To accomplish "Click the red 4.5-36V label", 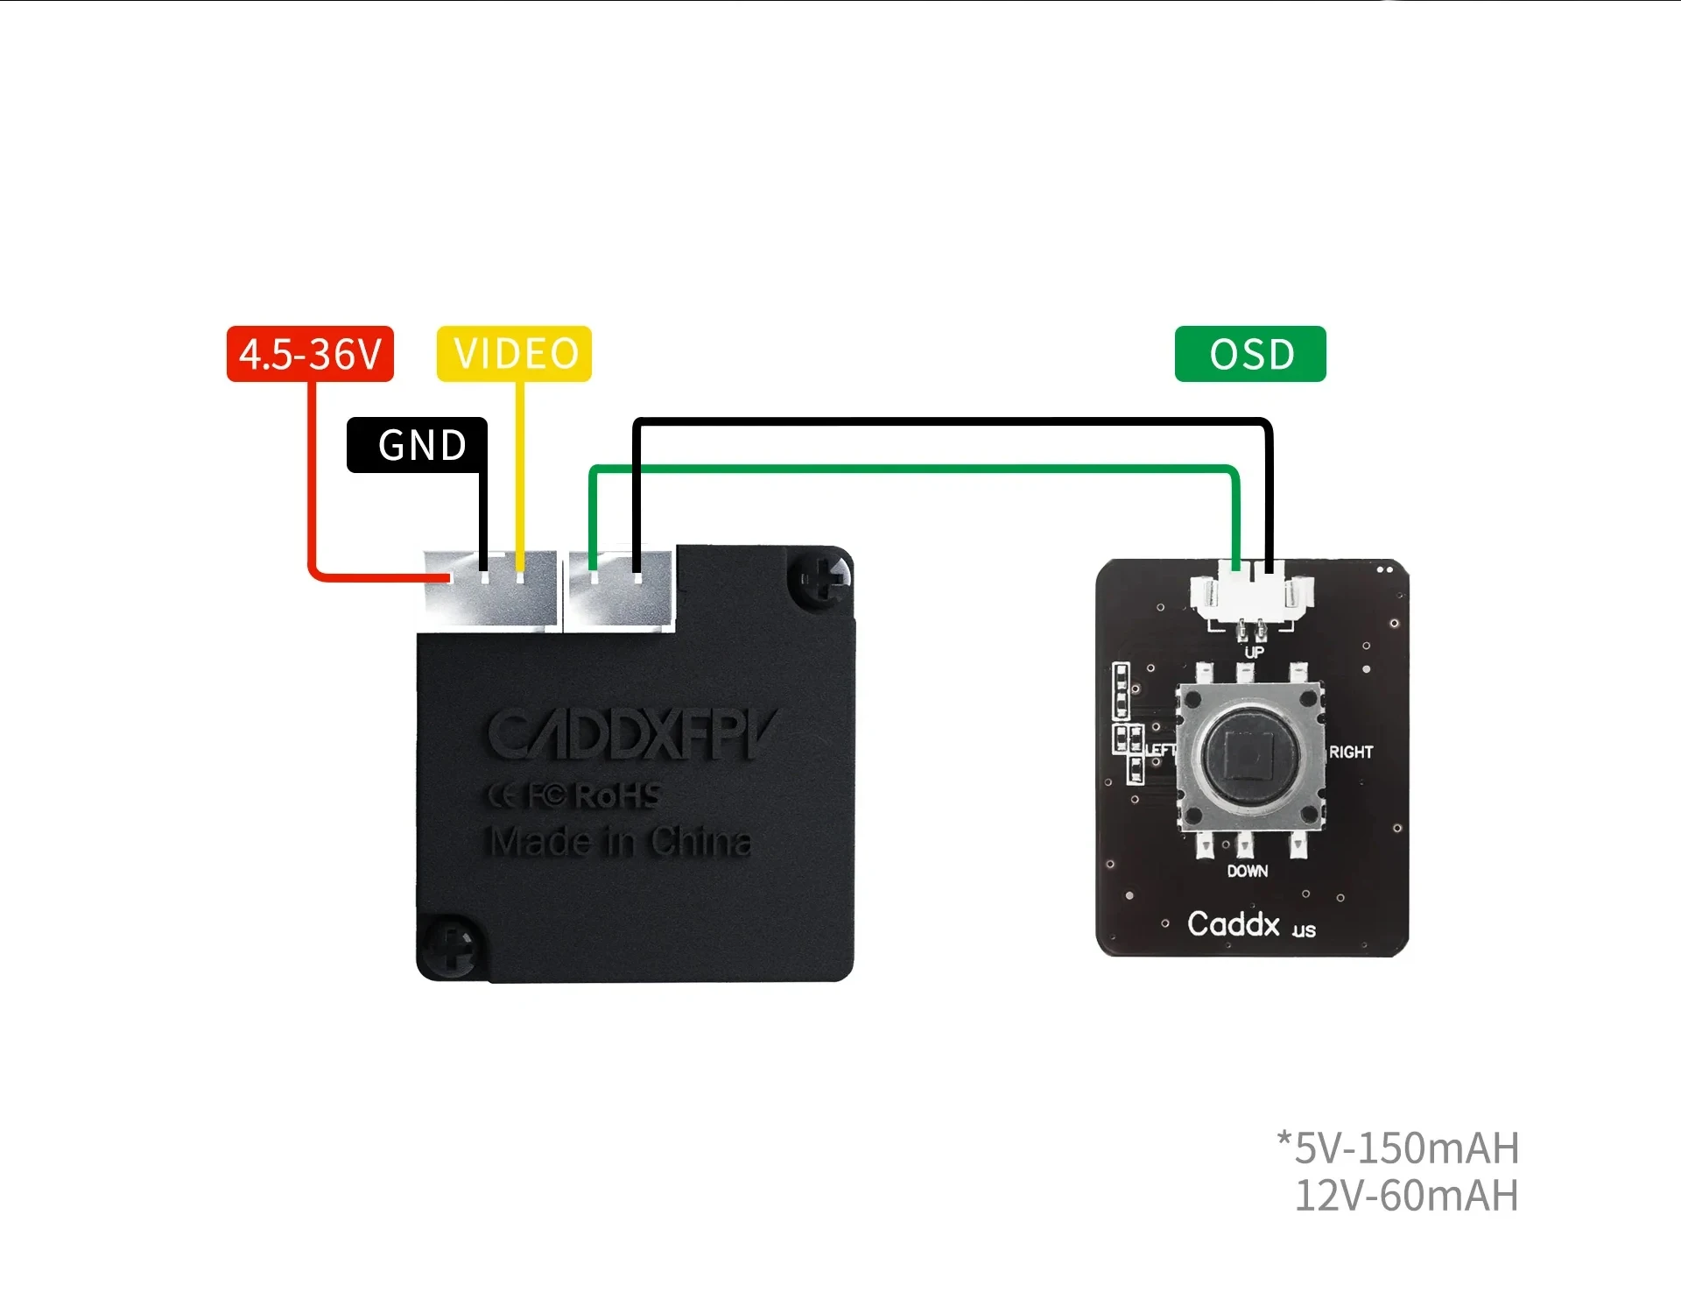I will point(310,354).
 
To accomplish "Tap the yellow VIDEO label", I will point(515,354).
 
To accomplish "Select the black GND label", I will point(418,445).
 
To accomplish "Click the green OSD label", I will point(1250,354).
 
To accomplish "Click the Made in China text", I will point(620,842).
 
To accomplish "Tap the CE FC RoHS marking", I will point(574,795).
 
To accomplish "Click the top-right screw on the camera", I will point(819,578).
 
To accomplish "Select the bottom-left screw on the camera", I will point(451,946).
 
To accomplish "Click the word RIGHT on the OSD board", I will point(1350,752).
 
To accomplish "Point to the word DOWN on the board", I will point(1247,871).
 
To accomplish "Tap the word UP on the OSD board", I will point(1254,652).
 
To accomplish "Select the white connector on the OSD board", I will point(1252,594).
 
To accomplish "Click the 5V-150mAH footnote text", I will point(1398,1148).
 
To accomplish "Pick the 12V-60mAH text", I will point(1406,1196).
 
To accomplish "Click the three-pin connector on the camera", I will point(490,589).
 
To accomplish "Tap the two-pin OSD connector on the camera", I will point(620,589).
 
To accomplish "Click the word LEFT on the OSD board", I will point(1159,750).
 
